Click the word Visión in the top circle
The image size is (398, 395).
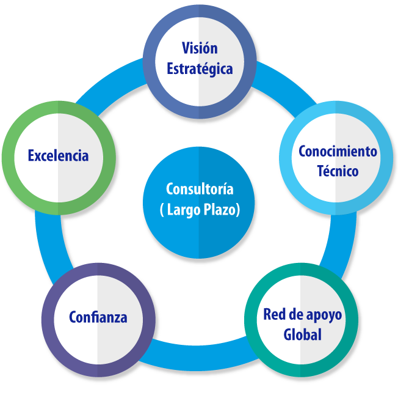(200, 48)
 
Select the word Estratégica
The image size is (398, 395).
(200, 68)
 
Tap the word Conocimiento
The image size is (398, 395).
(338, 151)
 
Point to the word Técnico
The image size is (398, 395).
(338, 171)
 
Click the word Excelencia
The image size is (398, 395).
(58, 155)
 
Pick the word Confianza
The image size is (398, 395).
(98, 317)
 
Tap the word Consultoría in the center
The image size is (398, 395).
(200, 189)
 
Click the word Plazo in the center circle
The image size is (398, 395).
(222, 209)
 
